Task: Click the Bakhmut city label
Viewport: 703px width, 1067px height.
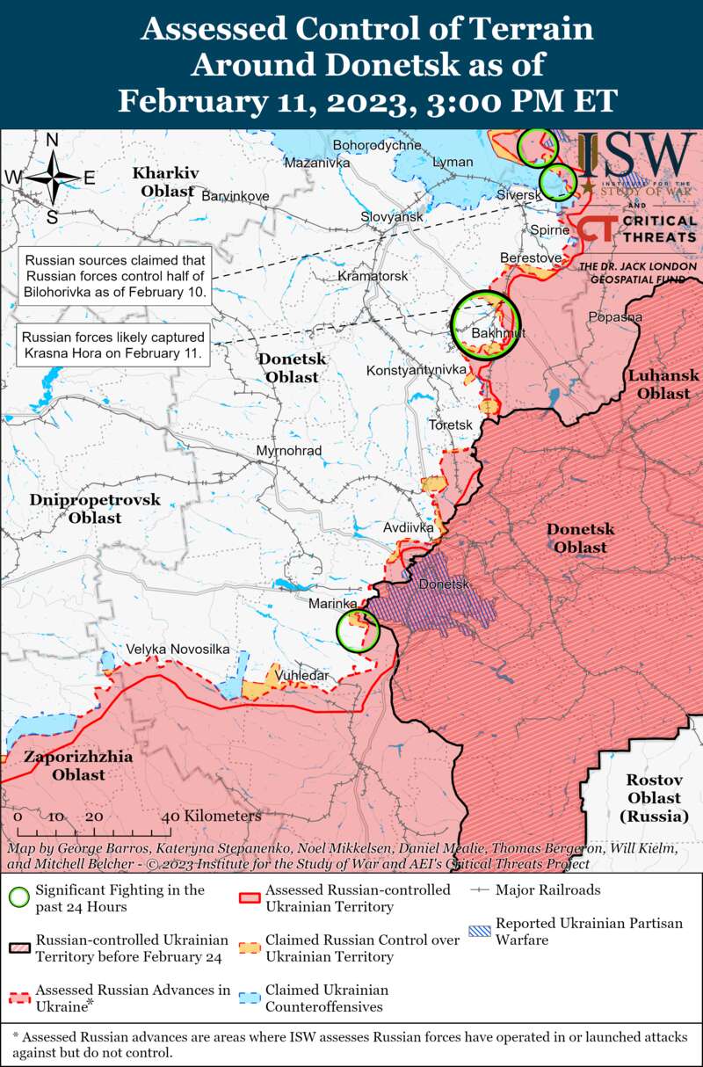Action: point(498,333)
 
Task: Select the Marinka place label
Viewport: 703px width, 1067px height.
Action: point(332,604)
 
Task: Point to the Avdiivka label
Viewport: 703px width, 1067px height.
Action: point(409,528)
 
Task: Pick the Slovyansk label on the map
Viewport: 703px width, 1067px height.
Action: point(392,216)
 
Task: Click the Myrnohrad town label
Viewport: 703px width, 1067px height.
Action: point(288,451)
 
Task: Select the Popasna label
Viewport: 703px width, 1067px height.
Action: point(615,316)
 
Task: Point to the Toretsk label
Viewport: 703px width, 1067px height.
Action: point(450,425)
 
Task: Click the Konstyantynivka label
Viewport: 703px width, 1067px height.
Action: point(416,370)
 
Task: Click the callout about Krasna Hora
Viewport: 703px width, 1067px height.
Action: point(113,345)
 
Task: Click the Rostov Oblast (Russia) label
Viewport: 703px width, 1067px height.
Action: point(654,798)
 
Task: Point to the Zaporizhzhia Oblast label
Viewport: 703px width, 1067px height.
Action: point(78,766)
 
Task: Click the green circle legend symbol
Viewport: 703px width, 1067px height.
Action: point(18,897)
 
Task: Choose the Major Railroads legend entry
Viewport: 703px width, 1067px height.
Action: point(547,889)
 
